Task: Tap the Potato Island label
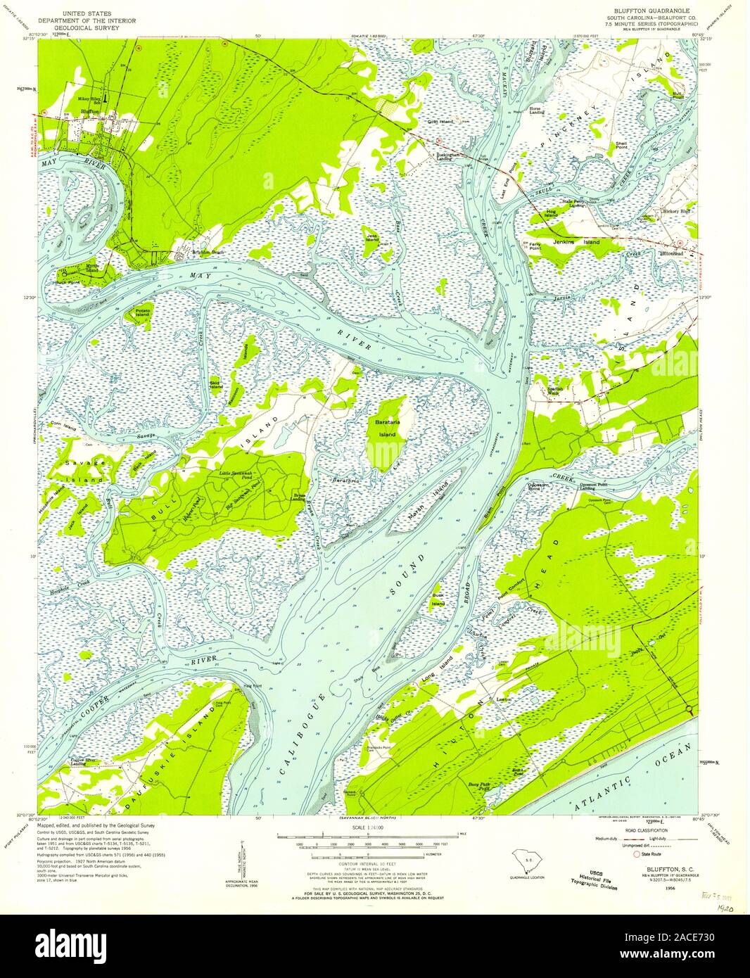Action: (143, 312)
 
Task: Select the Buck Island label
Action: (438, 600)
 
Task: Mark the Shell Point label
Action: (621, 146)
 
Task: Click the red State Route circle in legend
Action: (637, 854)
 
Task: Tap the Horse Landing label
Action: (539, 111)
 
